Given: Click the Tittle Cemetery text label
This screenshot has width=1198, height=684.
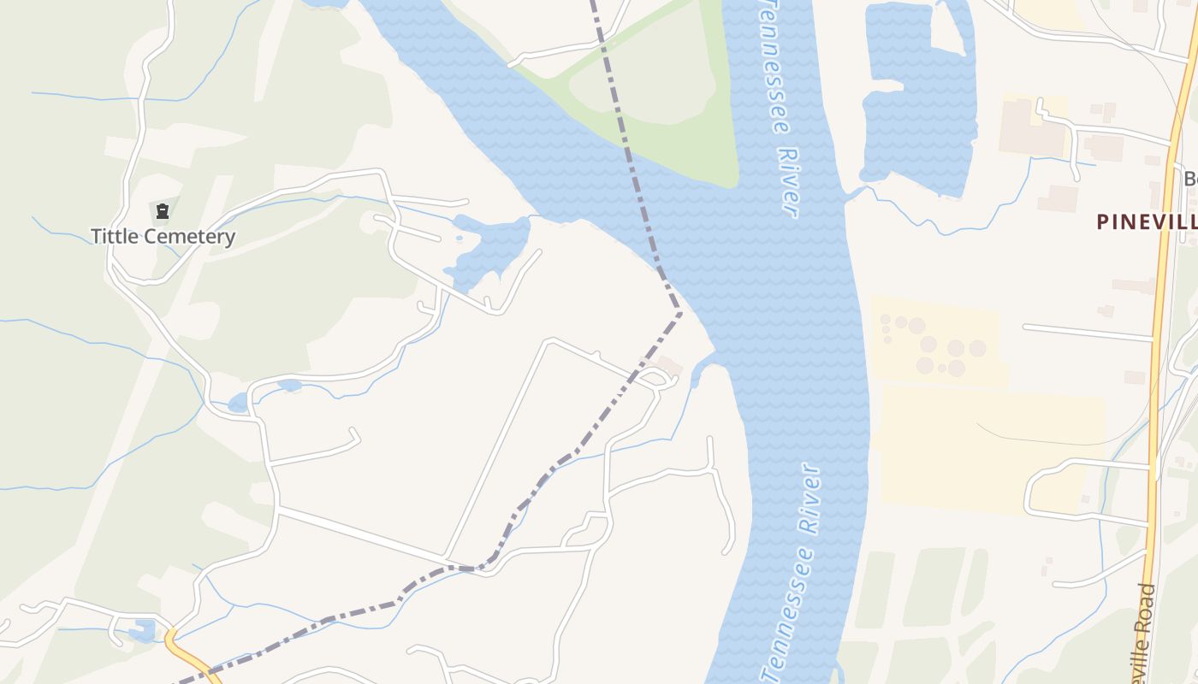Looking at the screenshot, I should point(163,236).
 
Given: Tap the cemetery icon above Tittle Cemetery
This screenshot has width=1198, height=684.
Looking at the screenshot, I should point(163,210).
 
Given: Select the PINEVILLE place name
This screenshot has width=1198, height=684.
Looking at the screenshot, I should point(1147,221).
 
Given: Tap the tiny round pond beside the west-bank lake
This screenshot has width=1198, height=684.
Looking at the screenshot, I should point(460,238).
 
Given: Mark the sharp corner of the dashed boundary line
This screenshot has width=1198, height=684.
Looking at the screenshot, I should point(681,313).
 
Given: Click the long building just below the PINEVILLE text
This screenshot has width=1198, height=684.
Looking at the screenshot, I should point(1134,286).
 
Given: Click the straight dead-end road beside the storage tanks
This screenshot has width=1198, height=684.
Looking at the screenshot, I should point(1087,333).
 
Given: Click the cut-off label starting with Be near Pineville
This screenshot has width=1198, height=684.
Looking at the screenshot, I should point(1189,180).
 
